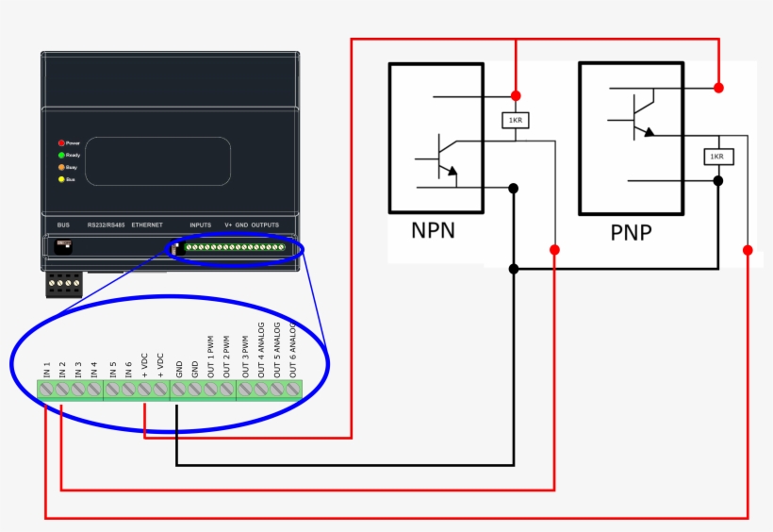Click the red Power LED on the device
point(61,141)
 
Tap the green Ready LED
point(61,154)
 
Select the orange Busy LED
point(61,166)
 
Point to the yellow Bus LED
point(61,178)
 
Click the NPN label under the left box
point(433,231)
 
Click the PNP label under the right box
point(631,233)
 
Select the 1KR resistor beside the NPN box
point(516,121)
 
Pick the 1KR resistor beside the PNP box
point(717,157)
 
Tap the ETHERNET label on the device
point(147,225)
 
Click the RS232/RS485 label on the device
point(105,225)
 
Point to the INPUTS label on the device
point(200,225)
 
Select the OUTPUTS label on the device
point(265,225)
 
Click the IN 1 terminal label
point(46,368)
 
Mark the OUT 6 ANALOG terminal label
point(293,350)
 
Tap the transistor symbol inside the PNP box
point(640,114)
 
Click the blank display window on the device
point(158,160)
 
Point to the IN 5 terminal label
point(112,368)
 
